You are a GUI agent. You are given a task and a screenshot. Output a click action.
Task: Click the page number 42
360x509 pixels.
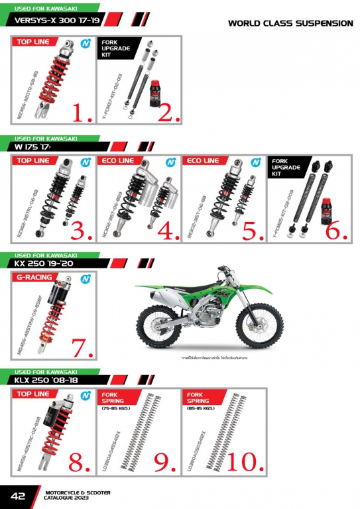tap(17, 496)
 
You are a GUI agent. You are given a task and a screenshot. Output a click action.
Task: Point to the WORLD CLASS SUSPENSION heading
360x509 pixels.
tap(290, 23)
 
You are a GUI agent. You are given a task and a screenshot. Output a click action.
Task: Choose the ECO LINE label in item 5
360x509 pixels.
tap(202, 161)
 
